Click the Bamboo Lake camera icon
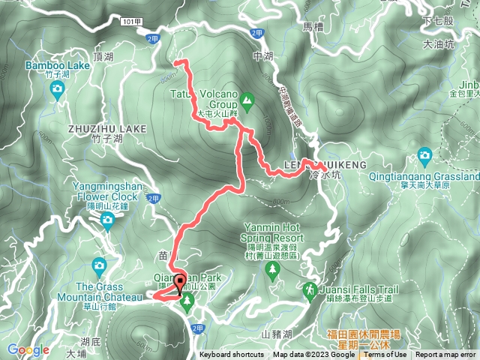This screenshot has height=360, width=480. pos(57,90)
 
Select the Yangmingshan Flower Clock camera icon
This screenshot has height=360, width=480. pos(107,220)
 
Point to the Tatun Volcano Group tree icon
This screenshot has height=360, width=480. pos(248,100)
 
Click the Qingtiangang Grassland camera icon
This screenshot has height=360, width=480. pos(425,156)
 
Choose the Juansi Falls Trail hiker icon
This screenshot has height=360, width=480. pos(310,289)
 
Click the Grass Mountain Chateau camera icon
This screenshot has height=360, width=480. pos(99,265)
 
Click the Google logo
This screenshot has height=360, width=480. pos(28,349)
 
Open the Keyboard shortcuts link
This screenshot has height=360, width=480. pos(232,355)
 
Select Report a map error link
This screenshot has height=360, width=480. pos(445,355)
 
